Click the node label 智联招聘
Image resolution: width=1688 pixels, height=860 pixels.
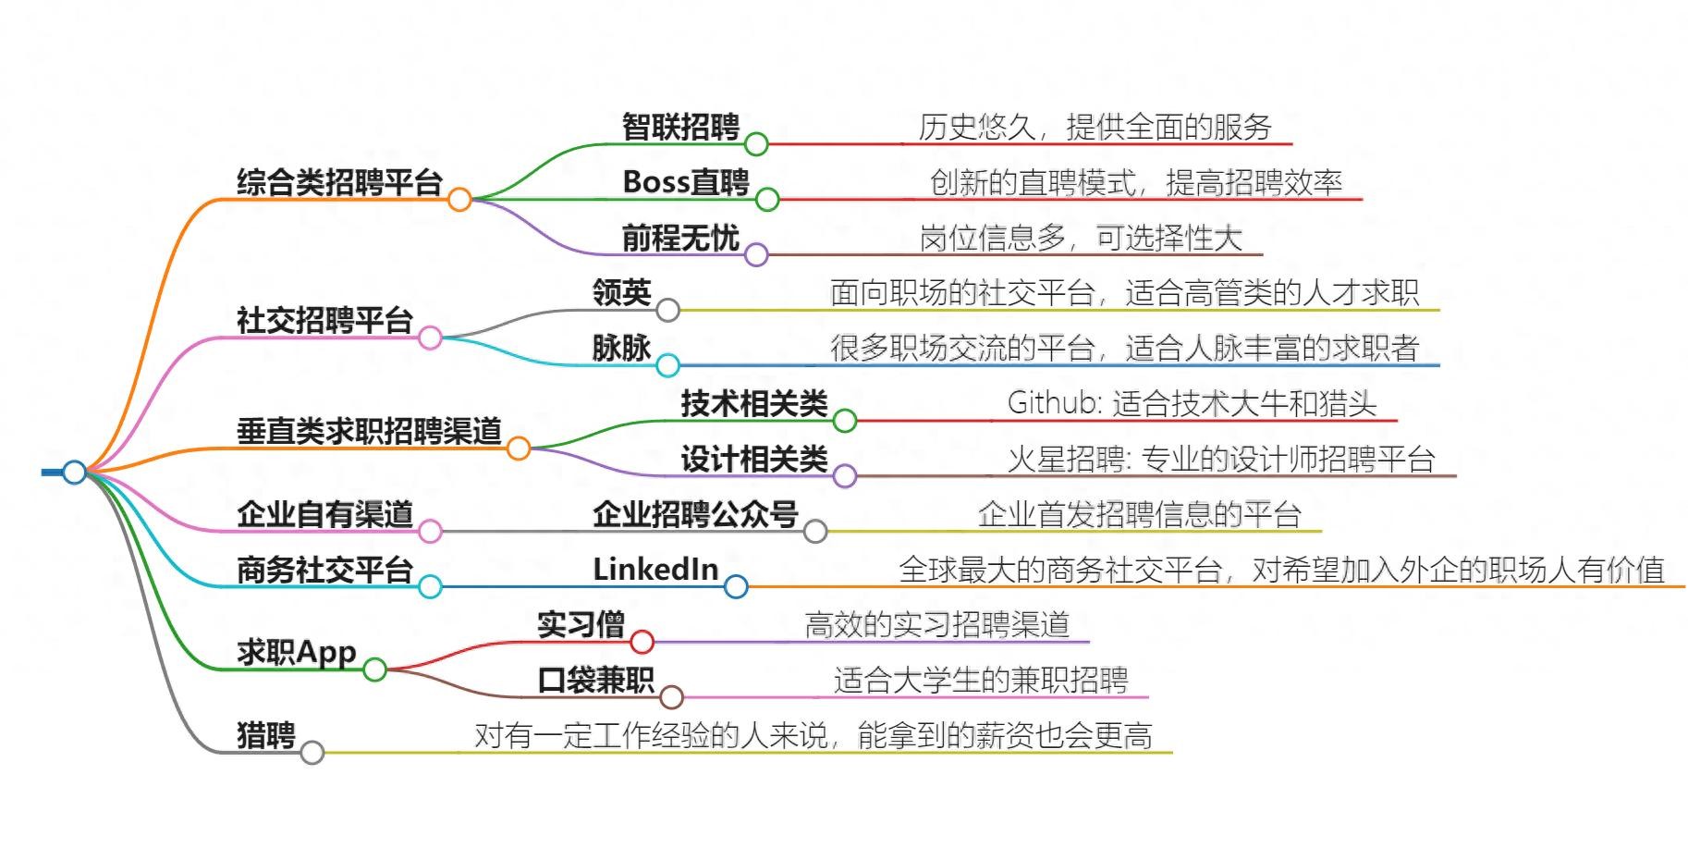click(x=679, y=127)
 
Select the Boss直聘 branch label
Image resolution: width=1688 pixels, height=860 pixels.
click(x=685, y=182)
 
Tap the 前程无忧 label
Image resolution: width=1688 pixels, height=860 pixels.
click(x=679, y=238)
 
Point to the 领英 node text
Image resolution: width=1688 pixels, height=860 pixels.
click(x=621, y=293)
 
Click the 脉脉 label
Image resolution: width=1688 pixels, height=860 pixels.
click(x=621, y=349)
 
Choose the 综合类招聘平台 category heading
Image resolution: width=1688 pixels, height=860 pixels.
click(x=339, y=182)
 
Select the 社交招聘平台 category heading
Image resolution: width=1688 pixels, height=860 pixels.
click(x=324, y=321)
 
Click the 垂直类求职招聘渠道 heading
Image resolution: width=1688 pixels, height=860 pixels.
click(x=369, y=432)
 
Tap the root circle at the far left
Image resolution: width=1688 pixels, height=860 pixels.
click(x=74, y=472)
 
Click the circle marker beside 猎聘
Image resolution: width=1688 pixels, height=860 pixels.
click(x=312, y=752)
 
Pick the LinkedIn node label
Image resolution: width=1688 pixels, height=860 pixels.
click(x=655, y=570)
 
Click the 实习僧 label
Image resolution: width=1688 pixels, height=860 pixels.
click(x=581, y=625)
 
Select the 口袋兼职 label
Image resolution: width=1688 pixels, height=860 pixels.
click(x=595, y=681)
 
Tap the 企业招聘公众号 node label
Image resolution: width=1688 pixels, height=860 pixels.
click(x=695, y=514)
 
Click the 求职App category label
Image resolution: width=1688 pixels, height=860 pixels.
click(x=296, y=653)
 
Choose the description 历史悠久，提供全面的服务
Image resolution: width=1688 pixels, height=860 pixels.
click(x=1095, y=127)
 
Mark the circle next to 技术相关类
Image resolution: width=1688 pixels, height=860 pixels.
click(x=845, y=421)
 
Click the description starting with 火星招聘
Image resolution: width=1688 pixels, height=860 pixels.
click(x=1220, y=459)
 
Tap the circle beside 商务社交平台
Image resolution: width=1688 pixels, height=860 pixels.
click(x=430, y=586)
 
